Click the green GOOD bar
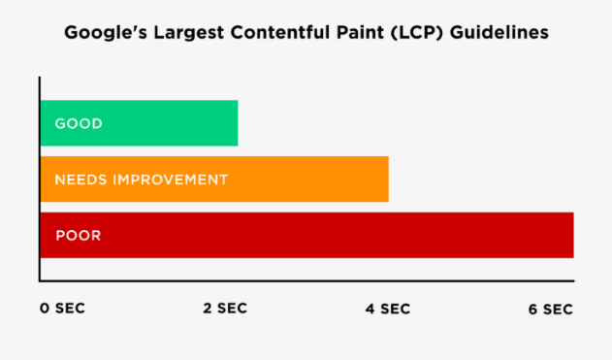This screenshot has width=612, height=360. coord(139,123)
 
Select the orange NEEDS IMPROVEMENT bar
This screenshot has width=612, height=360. coord(213,179)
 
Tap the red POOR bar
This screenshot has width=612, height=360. coord(306,235)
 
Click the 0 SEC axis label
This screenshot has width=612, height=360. coord(62,310)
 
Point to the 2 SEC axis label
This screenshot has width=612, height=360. coord(224,309)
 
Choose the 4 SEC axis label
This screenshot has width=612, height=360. coord(387,310)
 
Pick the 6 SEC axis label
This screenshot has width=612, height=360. coord(550,310)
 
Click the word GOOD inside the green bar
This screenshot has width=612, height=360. coord(79,124)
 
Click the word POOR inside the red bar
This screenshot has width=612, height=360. coord(78,235)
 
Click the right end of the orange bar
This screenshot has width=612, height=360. coord(386,179)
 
